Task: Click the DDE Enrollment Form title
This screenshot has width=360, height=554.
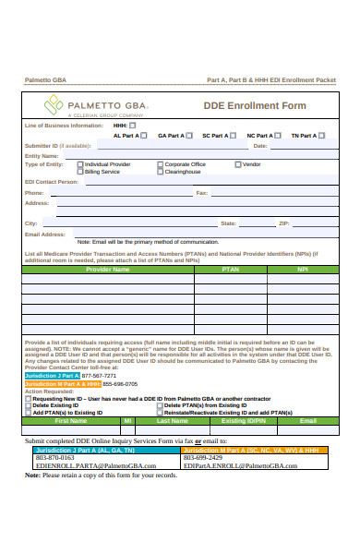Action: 254,106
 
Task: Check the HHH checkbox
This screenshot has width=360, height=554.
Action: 132,126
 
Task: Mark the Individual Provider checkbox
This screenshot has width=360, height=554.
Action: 80,164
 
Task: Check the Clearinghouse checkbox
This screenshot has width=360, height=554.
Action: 160,172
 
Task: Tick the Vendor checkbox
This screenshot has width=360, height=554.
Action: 238,164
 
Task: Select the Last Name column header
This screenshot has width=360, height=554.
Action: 173,420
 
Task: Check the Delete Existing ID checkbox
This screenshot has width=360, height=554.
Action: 28,405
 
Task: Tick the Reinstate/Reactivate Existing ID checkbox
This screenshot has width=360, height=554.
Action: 160,413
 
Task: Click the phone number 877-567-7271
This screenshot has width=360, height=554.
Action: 99,376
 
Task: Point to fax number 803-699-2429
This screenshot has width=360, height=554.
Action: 202,457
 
